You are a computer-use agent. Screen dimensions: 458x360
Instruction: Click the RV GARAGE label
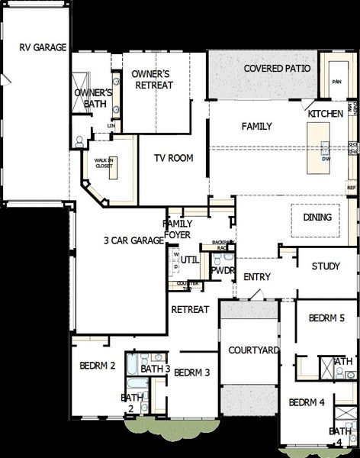tap(35, 47)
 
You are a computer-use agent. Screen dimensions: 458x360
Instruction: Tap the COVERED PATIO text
tap(277, 69)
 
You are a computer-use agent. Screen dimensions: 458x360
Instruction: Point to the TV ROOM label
tap(173, 159)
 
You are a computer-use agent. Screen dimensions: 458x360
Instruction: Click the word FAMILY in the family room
tap(257, 126)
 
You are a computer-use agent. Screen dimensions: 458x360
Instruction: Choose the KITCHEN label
tap(326, 114)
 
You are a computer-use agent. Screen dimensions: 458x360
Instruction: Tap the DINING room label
tap(317, 218)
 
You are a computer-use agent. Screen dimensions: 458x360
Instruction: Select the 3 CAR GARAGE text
tap(134, 240)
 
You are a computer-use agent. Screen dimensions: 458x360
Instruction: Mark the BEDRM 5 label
tap(327, 318)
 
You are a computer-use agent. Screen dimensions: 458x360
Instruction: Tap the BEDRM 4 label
tap(307, 402)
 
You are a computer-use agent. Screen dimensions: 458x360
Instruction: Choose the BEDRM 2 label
tap(98, 366)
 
